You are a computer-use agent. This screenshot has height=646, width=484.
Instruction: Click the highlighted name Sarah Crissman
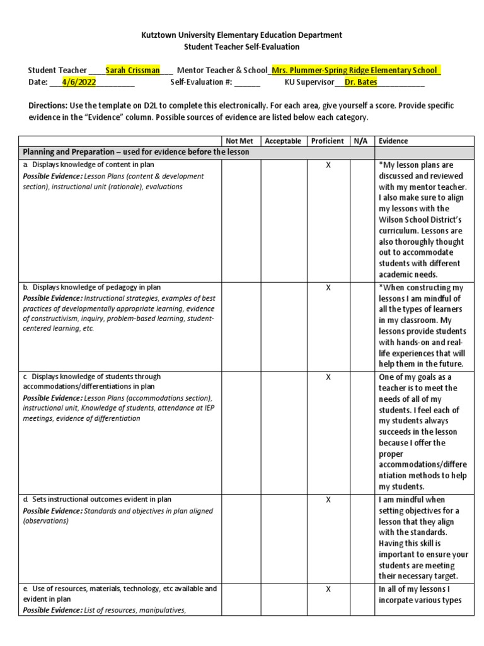point(132,70)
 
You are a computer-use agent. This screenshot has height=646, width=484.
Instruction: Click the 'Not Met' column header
point(238,141)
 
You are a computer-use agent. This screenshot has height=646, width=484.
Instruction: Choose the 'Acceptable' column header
point(283,141)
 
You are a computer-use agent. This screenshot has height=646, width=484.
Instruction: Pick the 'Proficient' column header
point(328,141)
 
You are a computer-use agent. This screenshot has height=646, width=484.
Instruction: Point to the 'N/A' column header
point(362,141)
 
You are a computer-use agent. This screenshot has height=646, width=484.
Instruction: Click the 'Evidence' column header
point(393,141)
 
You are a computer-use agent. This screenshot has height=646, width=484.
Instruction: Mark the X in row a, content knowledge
point(328,165)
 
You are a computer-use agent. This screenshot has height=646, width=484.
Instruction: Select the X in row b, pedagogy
point(328,288)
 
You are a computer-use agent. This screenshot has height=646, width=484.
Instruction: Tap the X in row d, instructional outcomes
point(328,500)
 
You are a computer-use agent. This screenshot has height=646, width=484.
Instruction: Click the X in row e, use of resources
point(328,589)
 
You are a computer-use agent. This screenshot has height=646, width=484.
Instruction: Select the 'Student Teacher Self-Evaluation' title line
point(241,47)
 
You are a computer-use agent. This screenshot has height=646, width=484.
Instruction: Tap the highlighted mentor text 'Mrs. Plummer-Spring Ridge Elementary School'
point(355,70)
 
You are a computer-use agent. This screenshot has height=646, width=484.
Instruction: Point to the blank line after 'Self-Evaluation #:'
point(248,83)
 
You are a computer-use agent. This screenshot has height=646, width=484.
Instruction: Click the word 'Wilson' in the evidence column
point(393,220)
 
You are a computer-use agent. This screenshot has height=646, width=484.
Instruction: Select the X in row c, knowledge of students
point(328,377)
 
